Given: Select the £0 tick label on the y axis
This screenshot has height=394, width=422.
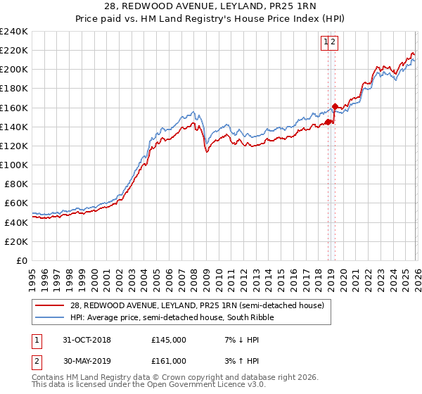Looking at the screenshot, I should coord(22,260).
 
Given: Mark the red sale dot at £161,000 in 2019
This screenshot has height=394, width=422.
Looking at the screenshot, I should coord(335,107).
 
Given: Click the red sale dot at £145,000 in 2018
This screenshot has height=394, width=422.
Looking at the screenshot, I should coord(328,122).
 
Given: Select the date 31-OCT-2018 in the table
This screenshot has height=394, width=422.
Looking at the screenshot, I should coord(87,340).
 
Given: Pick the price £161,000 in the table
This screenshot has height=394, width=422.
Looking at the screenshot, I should coord(169,361).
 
